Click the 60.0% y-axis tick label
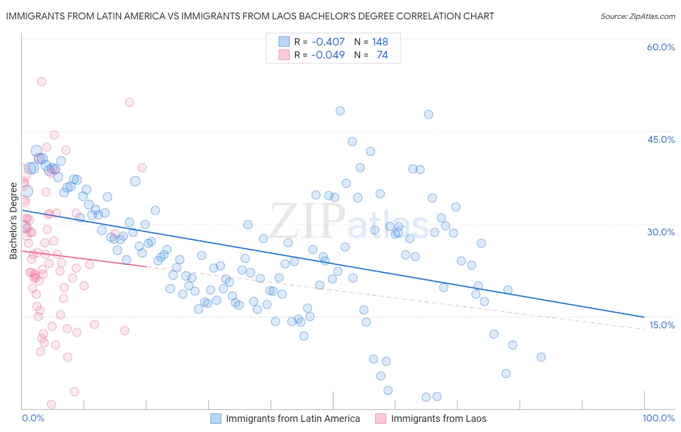[661, 47]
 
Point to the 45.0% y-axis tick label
[661, 139]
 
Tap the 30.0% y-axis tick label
[661, 232]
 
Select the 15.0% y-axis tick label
[662, 325]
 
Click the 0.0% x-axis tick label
[33, 418]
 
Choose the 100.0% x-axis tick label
[658, 418]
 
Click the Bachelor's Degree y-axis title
[13, 221]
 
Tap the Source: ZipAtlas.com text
[637, 16]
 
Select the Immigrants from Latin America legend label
[293, 419]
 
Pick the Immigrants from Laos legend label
[438, 419]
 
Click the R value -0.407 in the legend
[328, 42]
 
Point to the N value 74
[382, 55]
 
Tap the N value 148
[380, 42]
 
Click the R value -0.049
[328, 55]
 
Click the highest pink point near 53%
[42, 82]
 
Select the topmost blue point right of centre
[340, 111]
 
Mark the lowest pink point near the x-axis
[51, 404]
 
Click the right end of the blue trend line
[644, 317]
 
